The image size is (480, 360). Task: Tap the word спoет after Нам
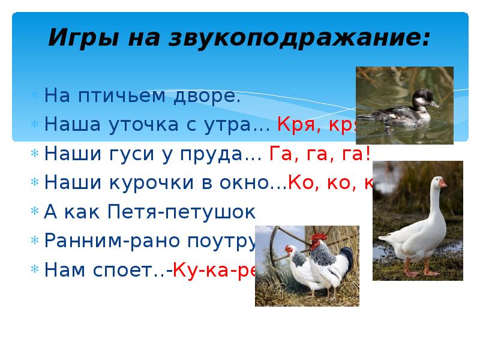130,271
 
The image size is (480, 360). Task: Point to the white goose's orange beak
442,184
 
